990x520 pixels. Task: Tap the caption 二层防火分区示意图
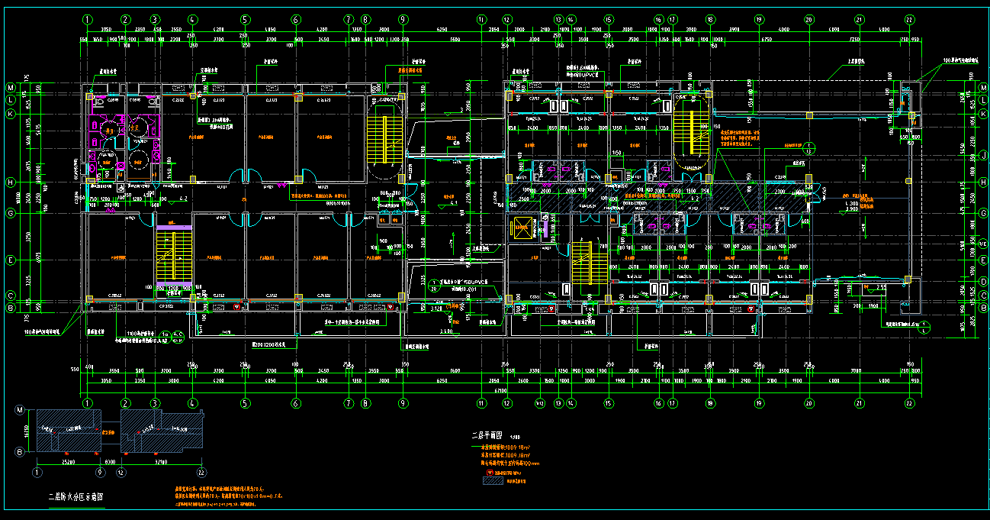[x=76, y=496]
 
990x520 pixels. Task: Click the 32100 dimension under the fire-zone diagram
[x=160, y=462]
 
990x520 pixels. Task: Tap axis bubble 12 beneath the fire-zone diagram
[x=121, y=473]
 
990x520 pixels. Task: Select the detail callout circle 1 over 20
[x=434, y=286]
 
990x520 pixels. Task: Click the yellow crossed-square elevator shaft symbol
[x=522, y=228]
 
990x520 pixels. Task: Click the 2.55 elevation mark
[x=881, y=287]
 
